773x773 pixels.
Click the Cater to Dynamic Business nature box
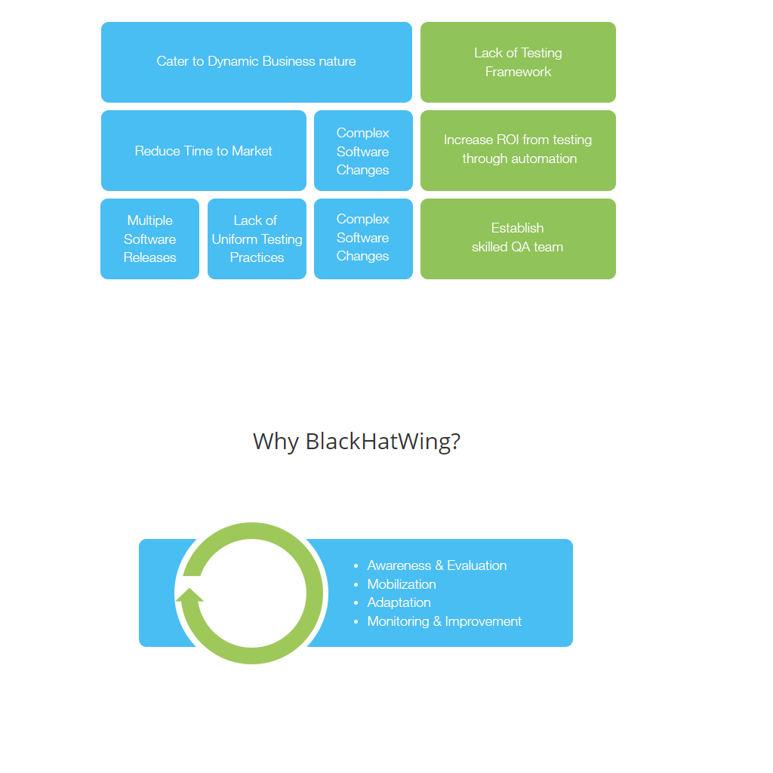click(256, 62)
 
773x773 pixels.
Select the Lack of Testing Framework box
click(518, 62)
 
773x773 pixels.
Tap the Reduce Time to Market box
click(203, 151)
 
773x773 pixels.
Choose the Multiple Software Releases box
click(149, 239)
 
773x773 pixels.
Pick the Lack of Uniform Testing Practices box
click(257, 239)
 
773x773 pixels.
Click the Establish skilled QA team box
click(518, 238)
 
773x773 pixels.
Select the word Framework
click(519, 72)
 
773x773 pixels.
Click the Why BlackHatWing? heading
click(356, 442)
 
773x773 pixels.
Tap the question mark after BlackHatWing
click(455, 442)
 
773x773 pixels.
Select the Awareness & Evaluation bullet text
click(436, 565)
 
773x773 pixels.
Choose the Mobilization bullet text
click(402, 584)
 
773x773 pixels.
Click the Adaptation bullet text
click(399, 602)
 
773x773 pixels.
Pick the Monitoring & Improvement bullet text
click(444, 621)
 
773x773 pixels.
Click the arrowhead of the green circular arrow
click(189, 595)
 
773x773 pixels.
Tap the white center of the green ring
click(252, 593)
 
